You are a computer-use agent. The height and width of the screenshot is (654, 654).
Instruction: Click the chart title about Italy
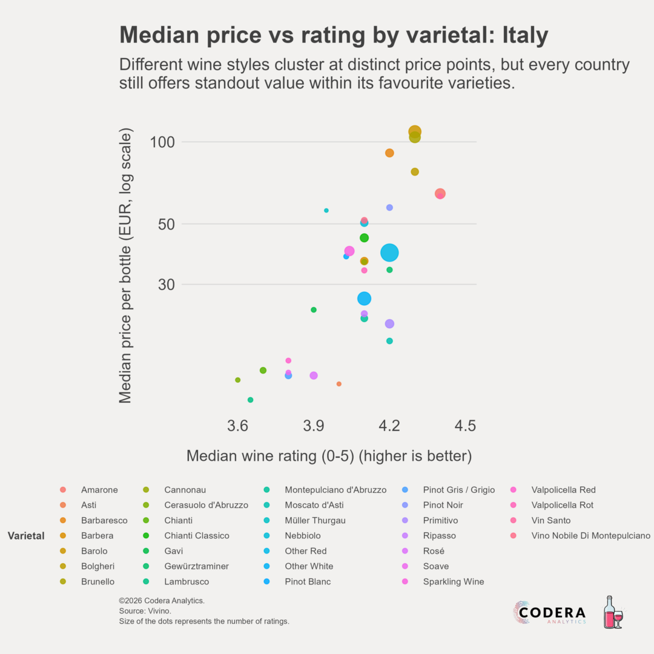(334, 36)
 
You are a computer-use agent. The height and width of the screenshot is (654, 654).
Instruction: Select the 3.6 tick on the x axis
(237, 426)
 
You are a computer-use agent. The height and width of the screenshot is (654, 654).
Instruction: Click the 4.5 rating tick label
(465, 426)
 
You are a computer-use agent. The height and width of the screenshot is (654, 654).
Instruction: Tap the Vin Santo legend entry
(551, 520)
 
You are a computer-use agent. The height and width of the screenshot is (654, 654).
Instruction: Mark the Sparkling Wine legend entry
(454, 581)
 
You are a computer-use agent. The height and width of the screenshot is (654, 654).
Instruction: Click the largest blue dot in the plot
(389, 253)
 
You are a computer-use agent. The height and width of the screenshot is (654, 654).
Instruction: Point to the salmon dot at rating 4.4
(440, 194)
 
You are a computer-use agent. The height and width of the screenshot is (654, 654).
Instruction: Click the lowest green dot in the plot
(250, 400)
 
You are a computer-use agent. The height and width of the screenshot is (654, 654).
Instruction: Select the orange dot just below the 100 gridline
(389, 153)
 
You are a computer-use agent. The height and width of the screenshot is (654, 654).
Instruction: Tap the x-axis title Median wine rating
(329, 456)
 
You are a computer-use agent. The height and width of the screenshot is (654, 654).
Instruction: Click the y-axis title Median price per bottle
(125, 265)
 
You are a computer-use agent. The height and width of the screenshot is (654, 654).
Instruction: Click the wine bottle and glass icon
(613, 612)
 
